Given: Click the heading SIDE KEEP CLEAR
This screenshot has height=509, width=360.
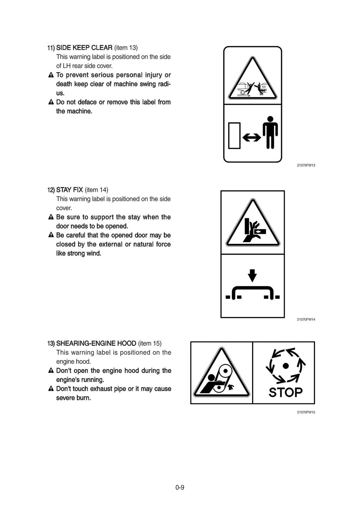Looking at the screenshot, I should click(x=84, y=47).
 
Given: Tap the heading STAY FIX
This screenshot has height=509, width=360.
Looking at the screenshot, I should click(x=69, y=190).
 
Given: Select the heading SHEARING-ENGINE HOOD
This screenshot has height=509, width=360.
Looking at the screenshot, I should click(x=96, y=343).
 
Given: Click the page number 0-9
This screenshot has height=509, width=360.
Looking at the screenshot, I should click(x=180, y=487).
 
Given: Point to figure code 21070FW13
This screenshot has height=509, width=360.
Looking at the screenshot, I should click(x=306, y=165).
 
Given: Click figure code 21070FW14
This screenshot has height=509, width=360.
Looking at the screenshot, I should click(x=306, y=320).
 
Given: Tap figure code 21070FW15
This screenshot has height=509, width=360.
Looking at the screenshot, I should click(x=306, y=412).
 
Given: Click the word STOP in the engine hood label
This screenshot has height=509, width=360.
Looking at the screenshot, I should click(x=285, y=392).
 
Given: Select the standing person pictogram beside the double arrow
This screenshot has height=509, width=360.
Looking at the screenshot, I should click(x=270, y=132).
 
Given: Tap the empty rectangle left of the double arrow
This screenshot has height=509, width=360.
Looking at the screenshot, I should click(x=234, y=135).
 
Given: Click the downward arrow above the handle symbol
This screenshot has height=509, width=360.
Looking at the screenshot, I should click(x=252, y=275).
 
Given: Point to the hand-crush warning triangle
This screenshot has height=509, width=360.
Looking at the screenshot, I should click(x=253, y=225).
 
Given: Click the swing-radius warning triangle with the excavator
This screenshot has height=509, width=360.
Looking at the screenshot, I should click(x=252, y=81).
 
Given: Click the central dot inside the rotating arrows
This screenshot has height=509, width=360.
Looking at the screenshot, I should click(x=285, y=366).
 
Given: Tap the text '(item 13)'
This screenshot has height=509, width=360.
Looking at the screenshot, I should click(x=126, y=47).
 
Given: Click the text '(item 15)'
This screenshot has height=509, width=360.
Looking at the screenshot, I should click(x=150, y=343).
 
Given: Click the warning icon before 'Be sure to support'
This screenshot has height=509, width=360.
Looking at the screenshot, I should click(x=51, y=217).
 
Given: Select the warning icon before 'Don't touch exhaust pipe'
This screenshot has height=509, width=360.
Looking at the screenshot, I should click(x=51, y=389).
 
